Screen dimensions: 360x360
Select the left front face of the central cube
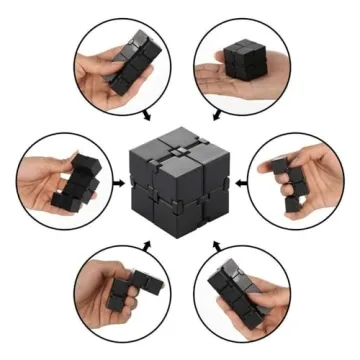click(x=155, y=195)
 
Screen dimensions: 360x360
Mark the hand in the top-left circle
click(x=95, y=80)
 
